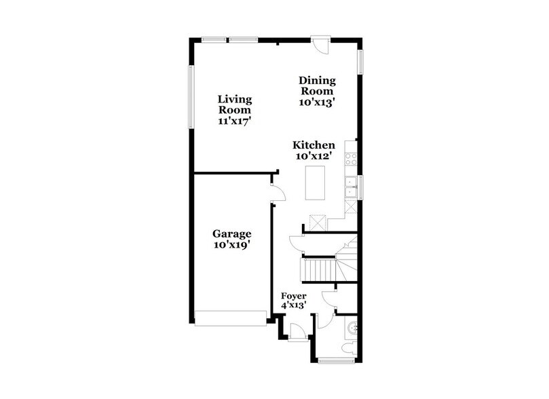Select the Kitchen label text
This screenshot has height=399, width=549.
point(314,145)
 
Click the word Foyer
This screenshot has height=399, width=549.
point(294,296)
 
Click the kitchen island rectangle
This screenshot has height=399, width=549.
point(316,183)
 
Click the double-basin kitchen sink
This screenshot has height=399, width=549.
point(352,187)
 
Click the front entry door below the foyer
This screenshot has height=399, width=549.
point(297,332)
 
